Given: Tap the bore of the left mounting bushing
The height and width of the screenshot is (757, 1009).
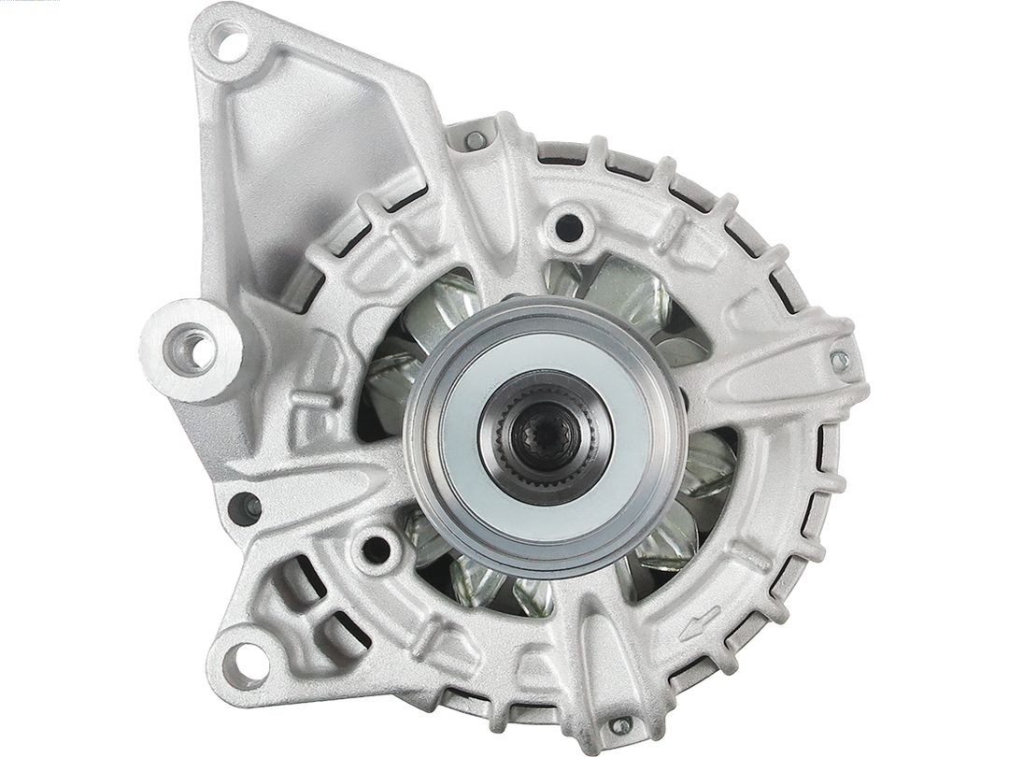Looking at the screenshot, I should click(196, 350).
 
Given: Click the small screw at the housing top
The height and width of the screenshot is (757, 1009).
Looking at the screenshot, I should click(476, 140).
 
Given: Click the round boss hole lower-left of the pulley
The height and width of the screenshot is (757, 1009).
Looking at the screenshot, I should click(376, 548).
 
